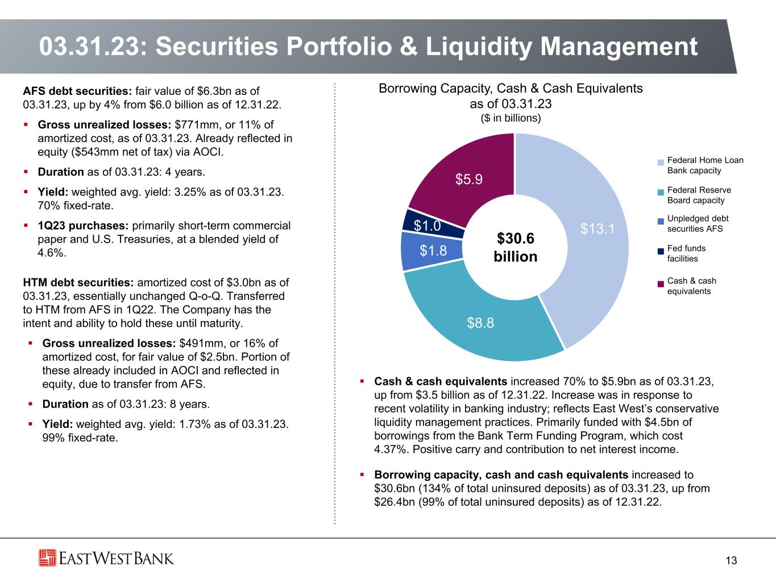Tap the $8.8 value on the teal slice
click(x=480, y=323)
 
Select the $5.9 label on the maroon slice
click(x=469, y=180)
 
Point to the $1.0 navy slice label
click(x=427, y=226)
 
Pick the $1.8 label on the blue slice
click(x=433, y=250)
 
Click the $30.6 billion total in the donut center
click(x=515, y=247)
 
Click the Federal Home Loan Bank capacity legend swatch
click(x=661, y=163)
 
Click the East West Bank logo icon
click(x=48, y=558)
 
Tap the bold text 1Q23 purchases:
click(x=84, y=226)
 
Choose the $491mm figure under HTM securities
click(x=198, y=343)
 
